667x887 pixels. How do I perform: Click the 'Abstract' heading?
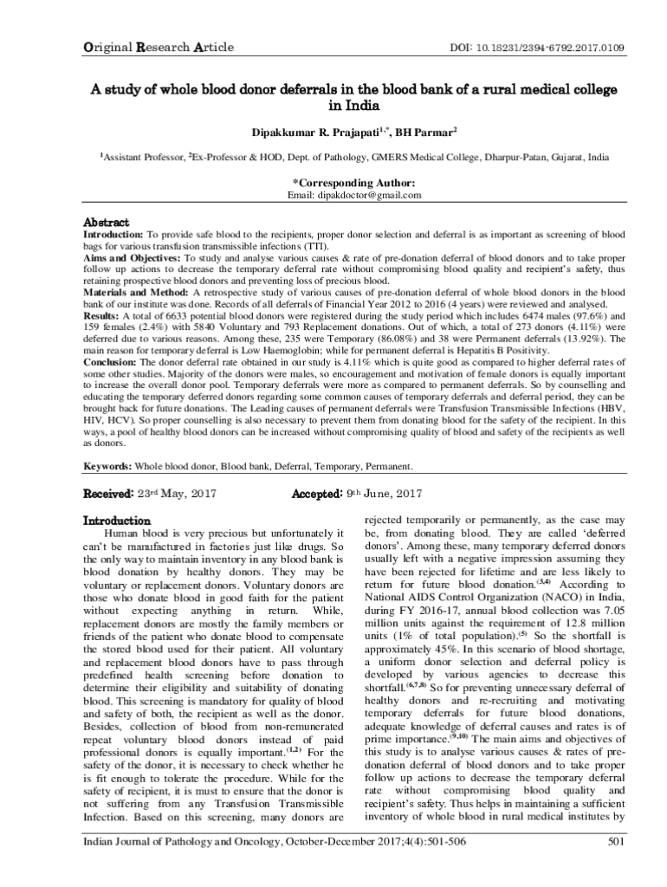[106, 223]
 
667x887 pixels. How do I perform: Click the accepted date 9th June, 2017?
[384, 494]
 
